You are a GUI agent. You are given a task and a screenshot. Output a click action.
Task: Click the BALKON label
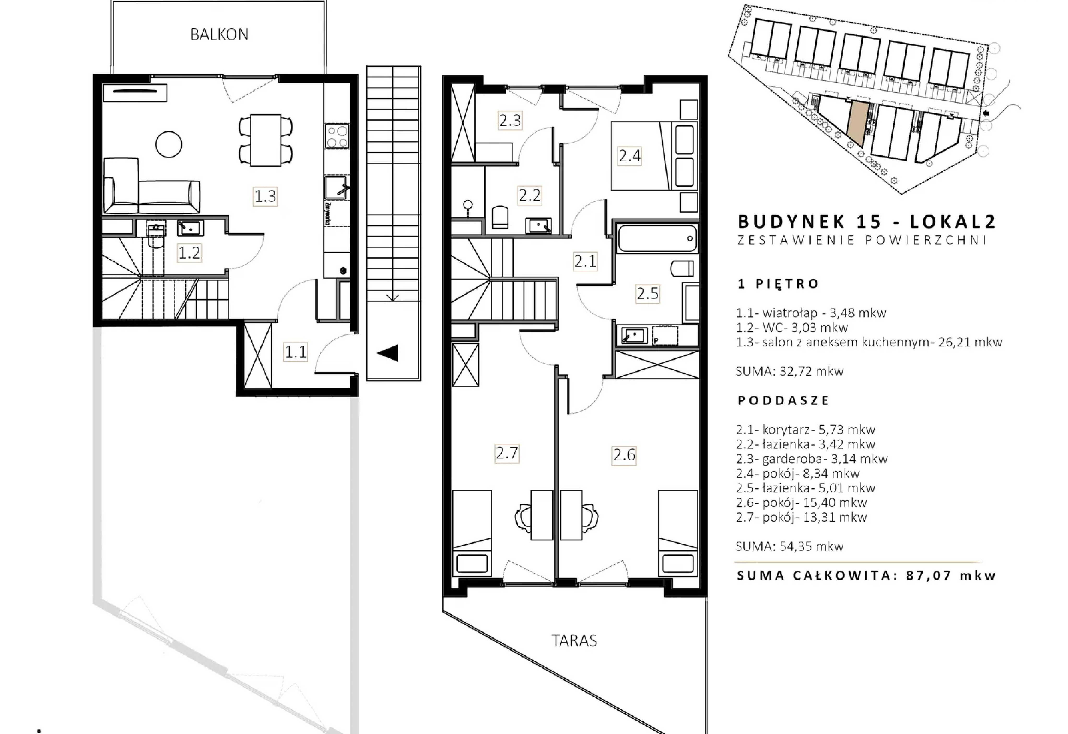coord(219,35)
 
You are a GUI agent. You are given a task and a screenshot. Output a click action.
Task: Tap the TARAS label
coord(574,641)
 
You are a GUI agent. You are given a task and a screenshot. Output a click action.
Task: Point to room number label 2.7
coord(507,454)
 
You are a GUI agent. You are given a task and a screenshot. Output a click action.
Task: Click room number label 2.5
coord(648,293)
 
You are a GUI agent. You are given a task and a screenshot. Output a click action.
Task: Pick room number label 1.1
coord(295,352)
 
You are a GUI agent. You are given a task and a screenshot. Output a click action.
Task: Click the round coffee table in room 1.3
coord(169,144)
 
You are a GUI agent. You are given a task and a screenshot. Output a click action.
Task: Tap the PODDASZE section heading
coord(783,401)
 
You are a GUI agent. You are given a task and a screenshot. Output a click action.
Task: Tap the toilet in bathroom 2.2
coord(500,217)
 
